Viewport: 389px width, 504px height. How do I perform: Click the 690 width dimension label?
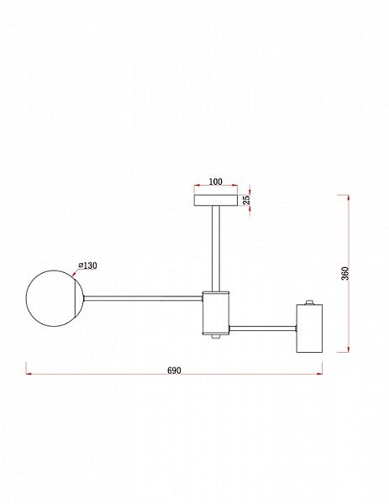click(174, 370)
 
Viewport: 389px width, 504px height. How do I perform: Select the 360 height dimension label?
click(344, 274)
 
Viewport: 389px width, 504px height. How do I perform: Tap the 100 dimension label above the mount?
click(215, 181)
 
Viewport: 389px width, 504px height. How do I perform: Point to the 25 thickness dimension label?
click(246, 200)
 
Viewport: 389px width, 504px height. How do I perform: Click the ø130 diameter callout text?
click(87, 265)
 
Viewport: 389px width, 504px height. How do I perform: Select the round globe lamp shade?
click(55, 298)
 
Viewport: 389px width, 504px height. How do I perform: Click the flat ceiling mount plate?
click(216, 200)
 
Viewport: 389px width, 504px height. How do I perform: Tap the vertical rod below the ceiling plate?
click(216, 249)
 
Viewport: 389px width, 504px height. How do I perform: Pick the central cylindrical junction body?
click(216, 313)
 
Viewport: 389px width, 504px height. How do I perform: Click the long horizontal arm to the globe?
click(143, 298)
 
